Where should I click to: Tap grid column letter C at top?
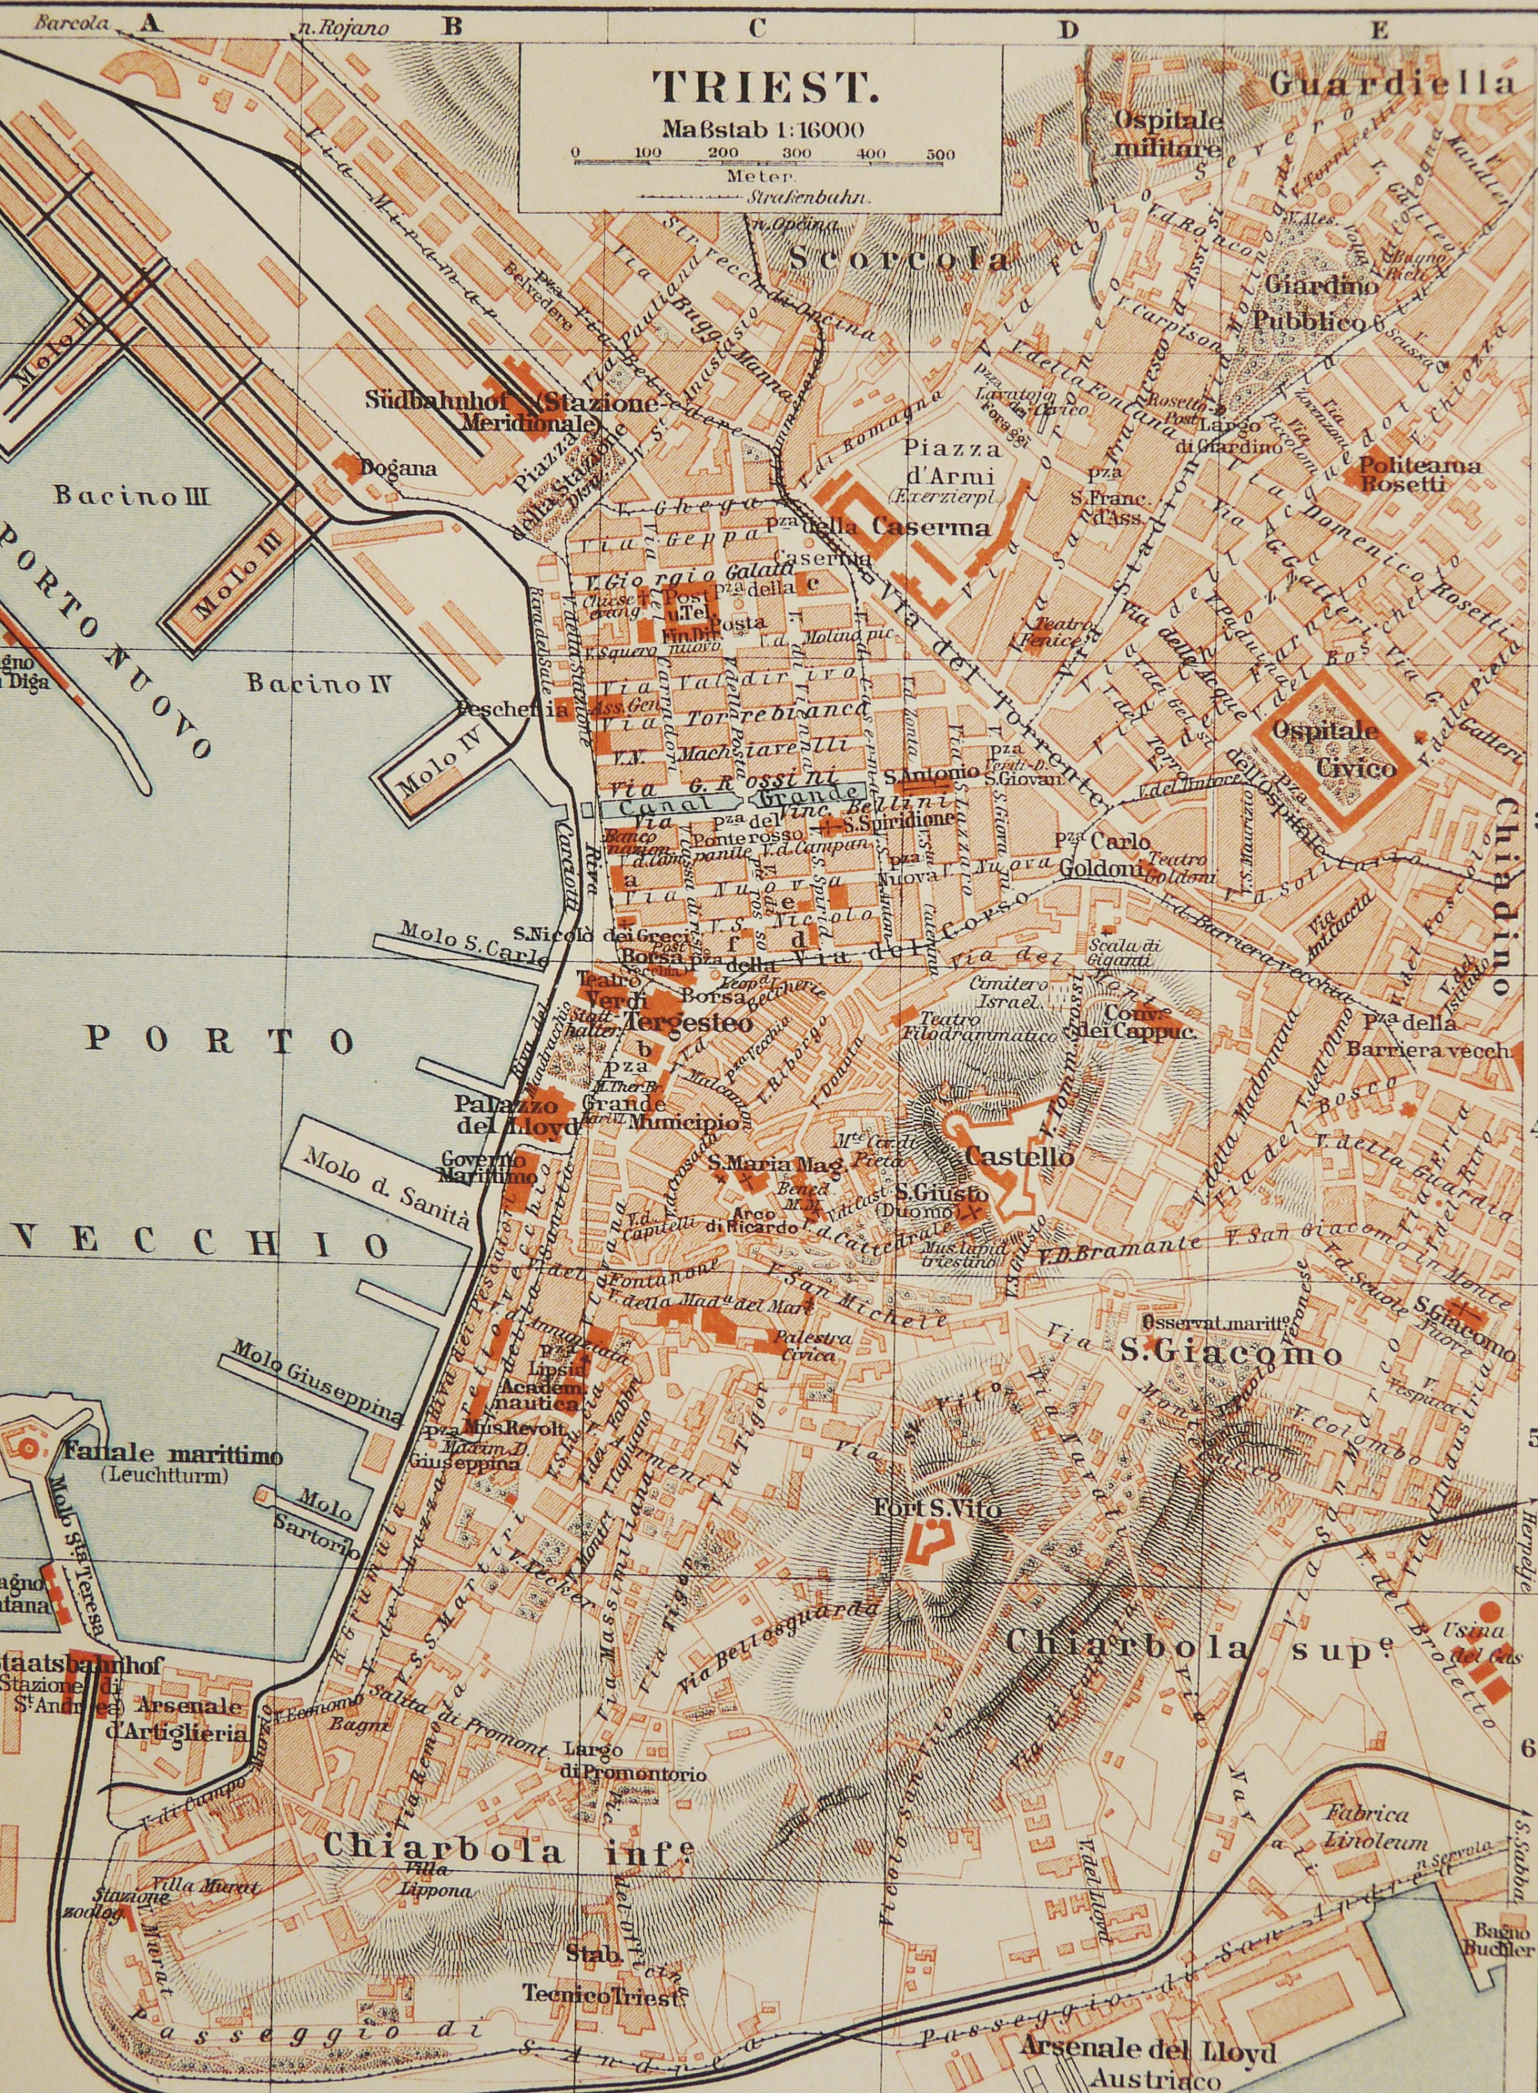756,29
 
